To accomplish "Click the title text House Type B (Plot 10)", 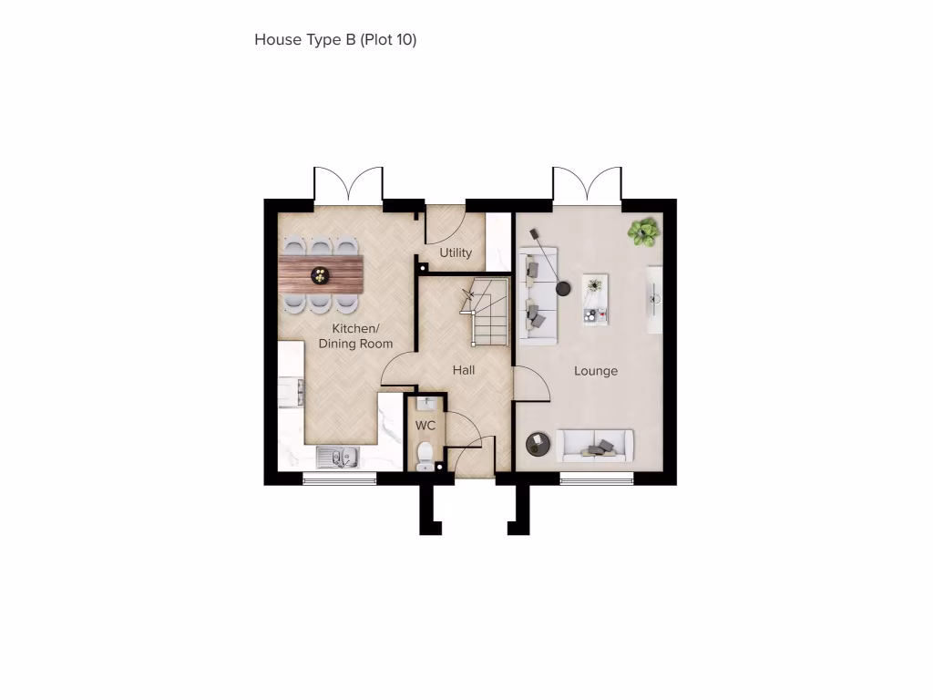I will (335, 39).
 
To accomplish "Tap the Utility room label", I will (456, 252).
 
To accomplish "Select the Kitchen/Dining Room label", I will (355, 336).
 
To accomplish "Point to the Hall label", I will (464, 371).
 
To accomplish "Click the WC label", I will (425, 426).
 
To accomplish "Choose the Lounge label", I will (596, 371).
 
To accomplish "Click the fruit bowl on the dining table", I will (321, 273).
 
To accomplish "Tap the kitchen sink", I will (338, 456).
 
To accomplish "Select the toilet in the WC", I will (425, 454).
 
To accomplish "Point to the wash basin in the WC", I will (425, 403).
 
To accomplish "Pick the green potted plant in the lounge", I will (644, 232).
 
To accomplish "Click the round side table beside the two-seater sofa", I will (538, 444).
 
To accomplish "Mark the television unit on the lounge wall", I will (654, 299).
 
